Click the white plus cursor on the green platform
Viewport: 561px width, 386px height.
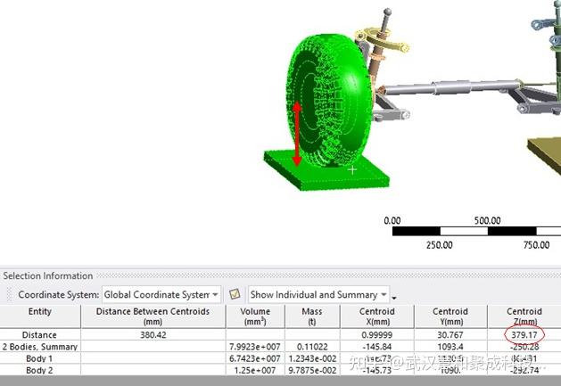(x=352, y=168)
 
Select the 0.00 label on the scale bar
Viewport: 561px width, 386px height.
(x=392, y=221)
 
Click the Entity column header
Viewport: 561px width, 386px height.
(x=40, y=312)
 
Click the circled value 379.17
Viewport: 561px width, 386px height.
(x=524, y=333)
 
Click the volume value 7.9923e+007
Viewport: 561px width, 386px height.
(x=254, y=346)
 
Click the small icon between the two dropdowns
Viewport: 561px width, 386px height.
(x=235, y=294)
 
